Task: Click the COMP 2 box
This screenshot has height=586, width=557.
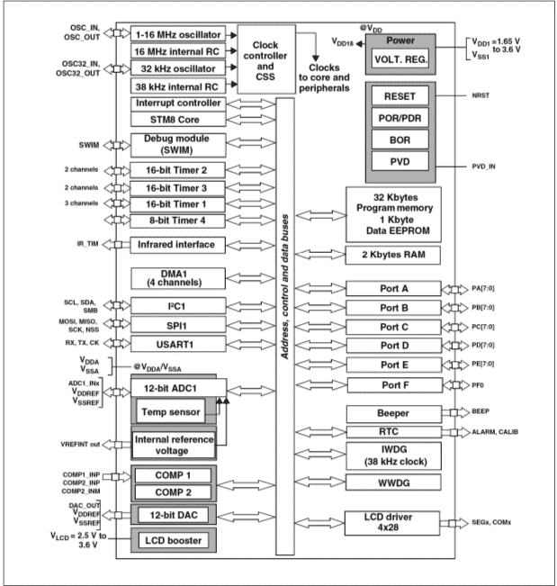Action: click(175, 491)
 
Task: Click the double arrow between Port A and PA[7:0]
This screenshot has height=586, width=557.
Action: click(456, 289)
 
